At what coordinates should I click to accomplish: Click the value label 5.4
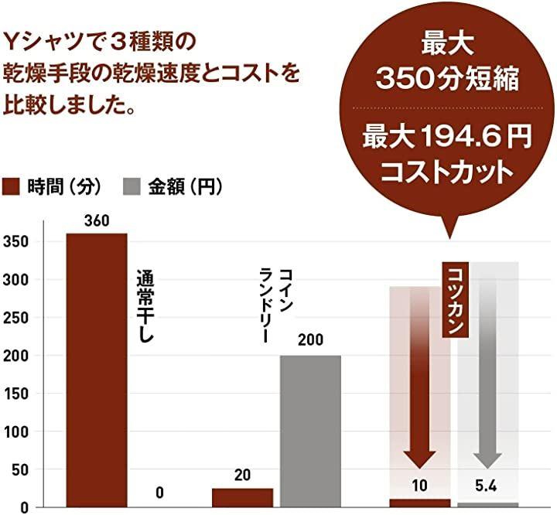pyautogui.click(x=487, y=488)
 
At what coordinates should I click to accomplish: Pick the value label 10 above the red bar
pyautogui.click(x=419, y=487)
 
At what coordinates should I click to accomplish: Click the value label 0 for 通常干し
pyautogui.click(x=159, y=493)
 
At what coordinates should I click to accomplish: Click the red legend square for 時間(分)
pyautogui.click(x=11, y=186)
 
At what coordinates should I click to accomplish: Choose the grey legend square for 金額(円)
pyautogui.click(x=131, y=186)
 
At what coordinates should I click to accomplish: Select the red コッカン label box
pyautogui.click(x=456, y=301)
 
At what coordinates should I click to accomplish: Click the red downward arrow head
pyautogui.click(x=419, y=457)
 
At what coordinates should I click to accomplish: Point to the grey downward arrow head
pyautogui.click(x=487, y=457)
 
